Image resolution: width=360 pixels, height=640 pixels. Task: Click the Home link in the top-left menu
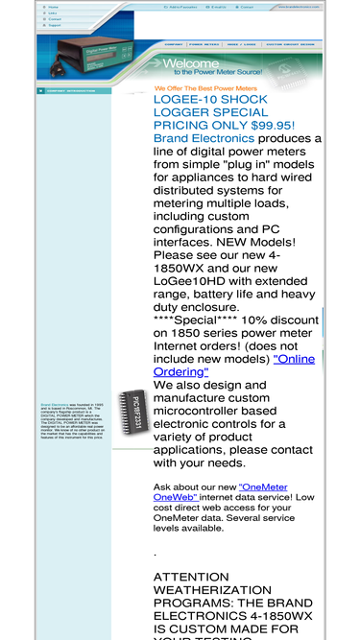[53, 6]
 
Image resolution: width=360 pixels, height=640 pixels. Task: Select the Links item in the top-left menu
[53, 12]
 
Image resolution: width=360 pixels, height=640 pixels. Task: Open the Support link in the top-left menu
[55, 24]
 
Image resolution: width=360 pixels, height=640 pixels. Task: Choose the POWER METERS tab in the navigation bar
[204, 44]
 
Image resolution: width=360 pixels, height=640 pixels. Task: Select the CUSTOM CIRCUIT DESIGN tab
[289, 44]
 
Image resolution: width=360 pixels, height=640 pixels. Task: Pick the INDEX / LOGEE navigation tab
[241, 44]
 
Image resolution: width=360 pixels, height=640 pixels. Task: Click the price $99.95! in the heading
[273, 125]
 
